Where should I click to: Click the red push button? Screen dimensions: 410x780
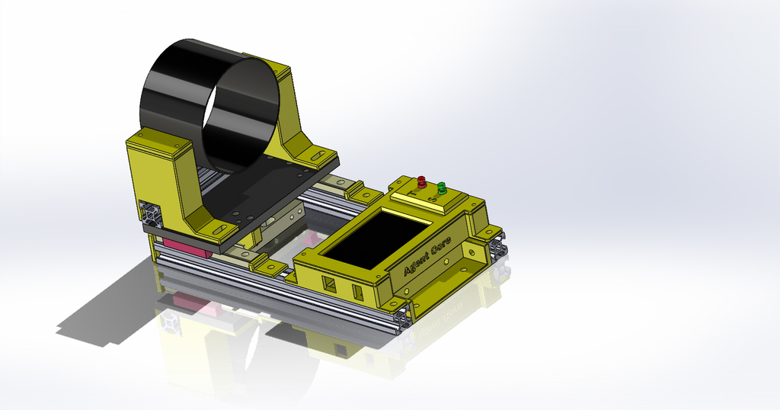[x=421, y=181]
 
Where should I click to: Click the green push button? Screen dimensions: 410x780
[x=441, y=187]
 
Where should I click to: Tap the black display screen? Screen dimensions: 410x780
[x=376, y=239]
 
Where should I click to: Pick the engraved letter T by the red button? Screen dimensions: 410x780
[x=411, y=195]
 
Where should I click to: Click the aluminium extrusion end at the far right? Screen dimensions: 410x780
[x=500, y=247]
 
